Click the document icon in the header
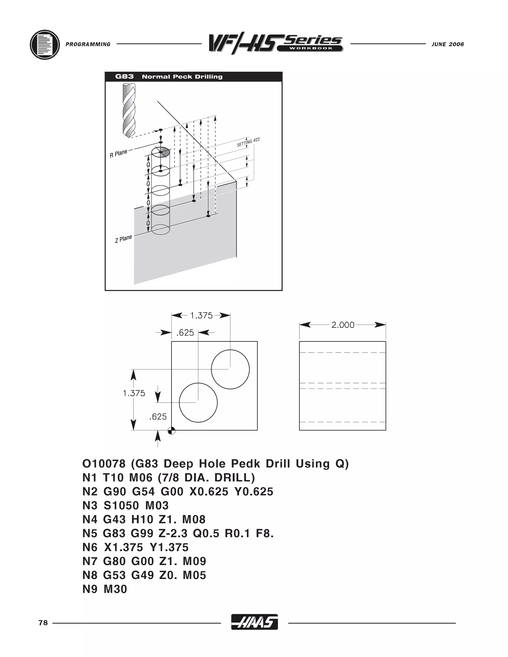point(45,45)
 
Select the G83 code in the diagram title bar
point(124,76)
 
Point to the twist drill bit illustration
point(129,110)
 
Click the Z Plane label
point(123,239)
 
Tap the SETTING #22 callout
point(248,142)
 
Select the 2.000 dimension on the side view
point(343,325)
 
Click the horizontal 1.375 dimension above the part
point(201,316)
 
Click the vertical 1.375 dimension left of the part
point(134,393)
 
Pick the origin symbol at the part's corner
point(171,431)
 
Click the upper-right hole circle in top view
point(230,369)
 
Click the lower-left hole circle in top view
point(198,402)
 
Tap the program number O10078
point(104,464)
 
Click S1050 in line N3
point(121,505)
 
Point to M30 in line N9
point(115,589)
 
